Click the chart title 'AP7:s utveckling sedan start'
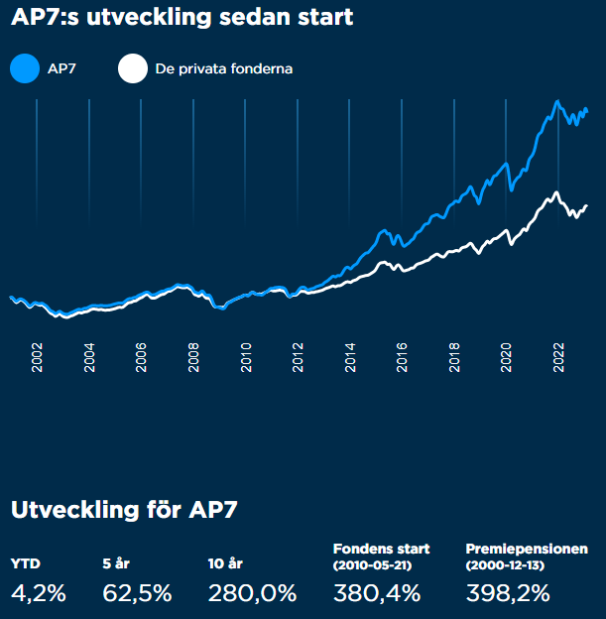click(182, 18)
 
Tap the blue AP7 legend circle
click(24, 69)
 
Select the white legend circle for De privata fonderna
click(132, 69)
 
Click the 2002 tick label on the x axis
click(38, 358)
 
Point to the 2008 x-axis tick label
click(194, 358)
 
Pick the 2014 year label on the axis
click(350, 358)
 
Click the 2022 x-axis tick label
click(558, 358)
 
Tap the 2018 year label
click(454, 358)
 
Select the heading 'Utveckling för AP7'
click(124, 510)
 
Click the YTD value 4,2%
click(39, 593)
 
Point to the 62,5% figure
click(137, 593)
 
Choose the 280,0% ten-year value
click(253, 593)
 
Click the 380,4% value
click(377, 593)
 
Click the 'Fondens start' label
click(381, 549)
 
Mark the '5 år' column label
click(116, 563)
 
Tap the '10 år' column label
click(226, 563)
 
